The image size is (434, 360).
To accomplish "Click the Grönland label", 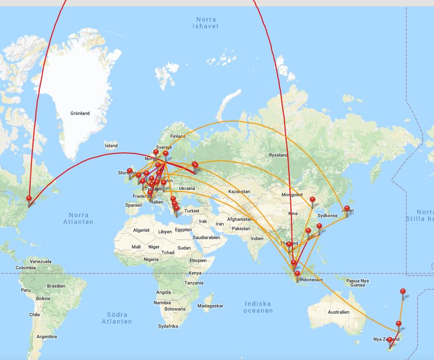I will [x=80, y=113].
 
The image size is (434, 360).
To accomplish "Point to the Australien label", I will [x=338, y=312].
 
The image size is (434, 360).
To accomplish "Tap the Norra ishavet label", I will [x=205, y=22].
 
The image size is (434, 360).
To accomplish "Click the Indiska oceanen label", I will [x=258, y=307].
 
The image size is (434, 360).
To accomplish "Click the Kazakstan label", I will [x=238, y=192].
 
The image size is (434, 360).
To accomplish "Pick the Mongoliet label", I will [x=292, y=195].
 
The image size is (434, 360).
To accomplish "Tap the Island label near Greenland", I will [x=111, y=146].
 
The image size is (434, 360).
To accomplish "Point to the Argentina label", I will [x=46, y=337].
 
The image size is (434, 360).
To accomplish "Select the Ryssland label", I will [x=278, y=155].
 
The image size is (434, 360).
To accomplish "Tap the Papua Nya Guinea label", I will [x=358, y=283].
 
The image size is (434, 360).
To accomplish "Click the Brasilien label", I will [x=56, y=286].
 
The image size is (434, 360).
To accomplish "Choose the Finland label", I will [x=178, y=136].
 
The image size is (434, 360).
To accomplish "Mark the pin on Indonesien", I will [x=297, y=275].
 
